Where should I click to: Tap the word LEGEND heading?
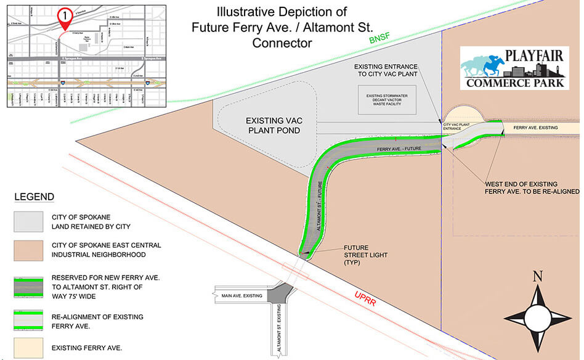tap(34, 197)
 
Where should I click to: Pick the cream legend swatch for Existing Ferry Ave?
tap(28, 348)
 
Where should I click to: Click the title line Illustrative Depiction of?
tap(282, 12)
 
